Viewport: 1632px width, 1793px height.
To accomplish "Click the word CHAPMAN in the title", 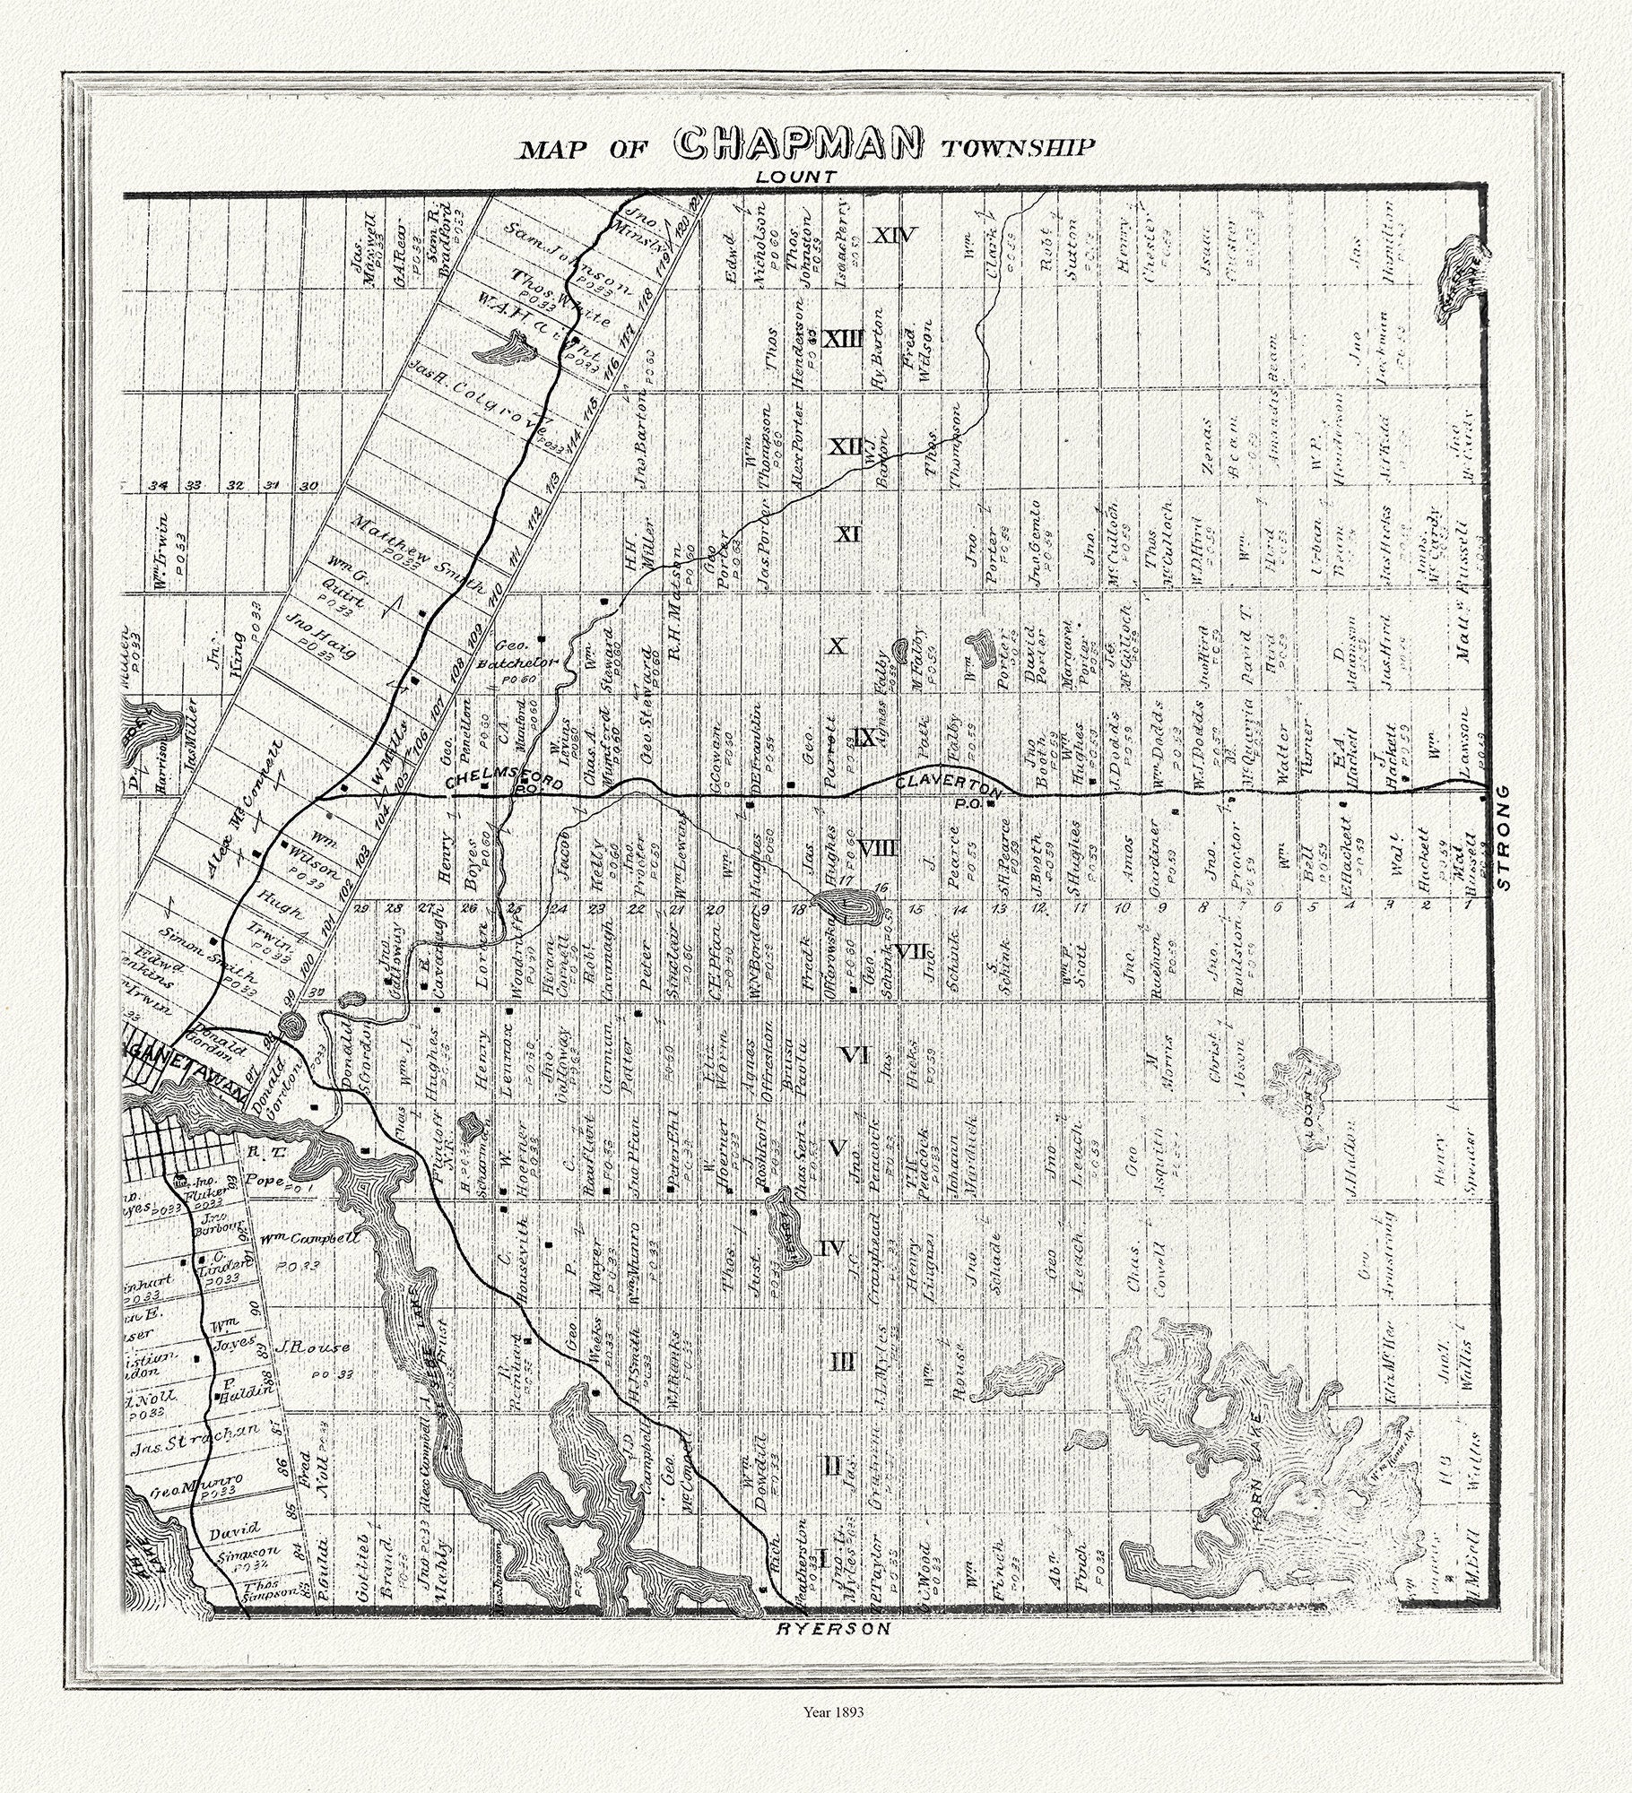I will tap(799, 143).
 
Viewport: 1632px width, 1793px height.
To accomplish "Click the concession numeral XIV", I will tap(895, 236).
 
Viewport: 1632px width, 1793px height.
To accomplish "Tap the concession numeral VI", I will tap(855, 1055).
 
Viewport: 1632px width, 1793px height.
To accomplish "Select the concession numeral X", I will tap(836, 645).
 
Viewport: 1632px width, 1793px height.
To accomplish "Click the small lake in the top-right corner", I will tap(1463, 277).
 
